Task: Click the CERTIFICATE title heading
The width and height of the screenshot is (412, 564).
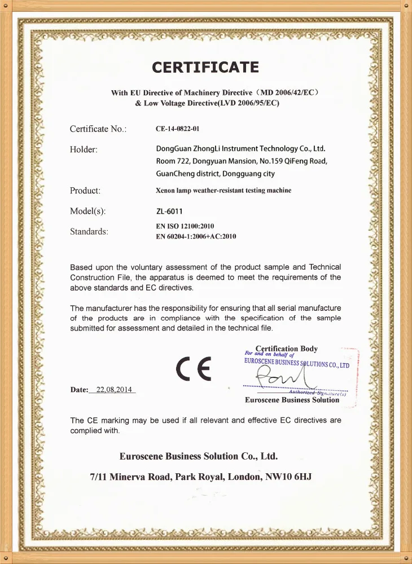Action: coord(205,68)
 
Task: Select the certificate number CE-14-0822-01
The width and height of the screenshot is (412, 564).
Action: coord(177,129)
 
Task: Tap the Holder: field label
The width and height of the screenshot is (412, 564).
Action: coord(84,149)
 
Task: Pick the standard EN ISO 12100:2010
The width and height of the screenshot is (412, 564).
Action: coord(185,226)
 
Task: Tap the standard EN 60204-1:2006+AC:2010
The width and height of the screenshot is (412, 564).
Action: coord(195,236)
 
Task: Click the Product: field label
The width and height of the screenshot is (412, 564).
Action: coord(85,191)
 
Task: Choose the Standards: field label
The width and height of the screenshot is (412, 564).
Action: coord(89,231)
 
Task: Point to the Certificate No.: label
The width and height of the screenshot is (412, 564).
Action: coord(98,129)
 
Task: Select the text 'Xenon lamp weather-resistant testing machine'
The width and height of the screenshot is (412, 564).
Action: coord(223,191)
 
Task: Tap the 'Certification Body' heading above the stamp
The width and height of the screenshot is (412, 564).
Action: coord(286,349)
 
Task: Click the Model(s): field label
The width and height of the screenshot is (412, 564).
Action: coord(87,211)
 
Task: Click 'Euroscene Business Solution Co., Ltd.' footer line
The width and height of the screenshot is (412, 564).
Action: coord(199,456)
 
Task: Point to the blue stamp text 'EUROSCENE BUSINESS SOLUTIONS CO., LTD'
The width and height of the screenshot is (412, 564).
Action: coord(296,363)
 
